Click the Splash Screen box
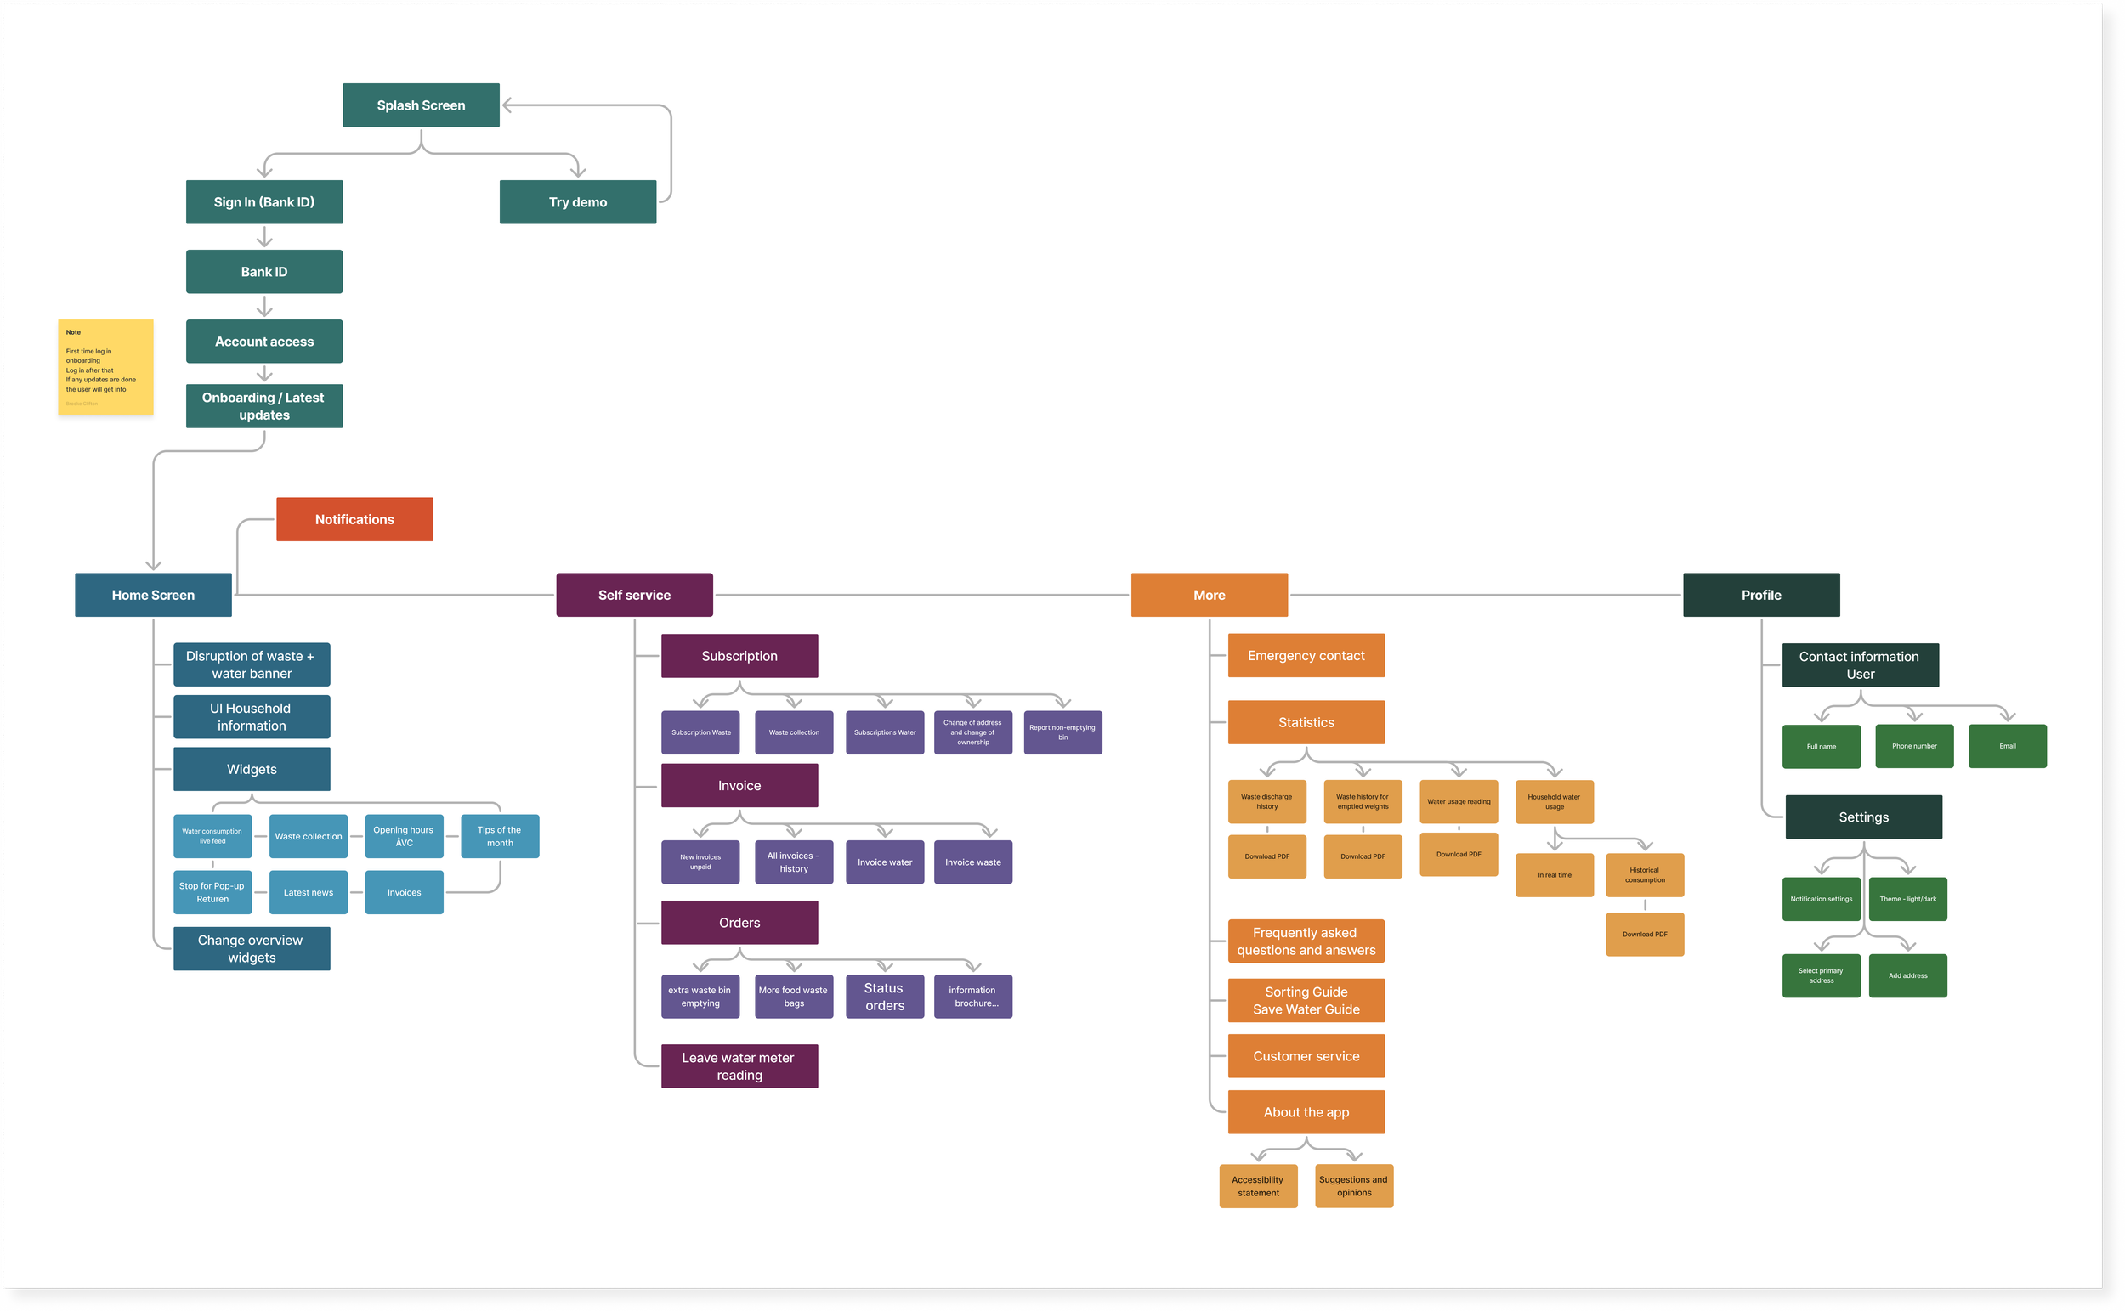[421, 105]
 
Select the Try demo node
[578, 202]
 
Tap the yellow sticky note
[105, 367]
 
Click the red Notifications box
[354, 519]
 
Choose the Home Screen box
[153, 595]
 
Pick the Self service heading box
[634, 595]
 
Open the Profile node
[1760, 595]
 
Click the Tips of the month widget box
[500, 836]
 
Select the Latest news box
[308, 892]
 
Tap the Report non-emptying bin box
[1062, 732]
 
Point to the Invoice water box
[885, 862]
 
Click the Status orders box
[885, 997]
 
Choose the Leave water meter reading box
[739, 1065]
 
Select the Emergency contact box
[1306, 656]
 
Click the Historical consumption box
[1645, 875]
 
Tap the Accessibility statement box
[1258, 1186]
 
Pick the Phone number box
[1914, 746]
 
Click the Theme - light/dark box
[1907, 899]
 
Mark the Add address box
[1907, 975]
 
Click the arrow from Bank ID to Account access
[264, 307]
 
